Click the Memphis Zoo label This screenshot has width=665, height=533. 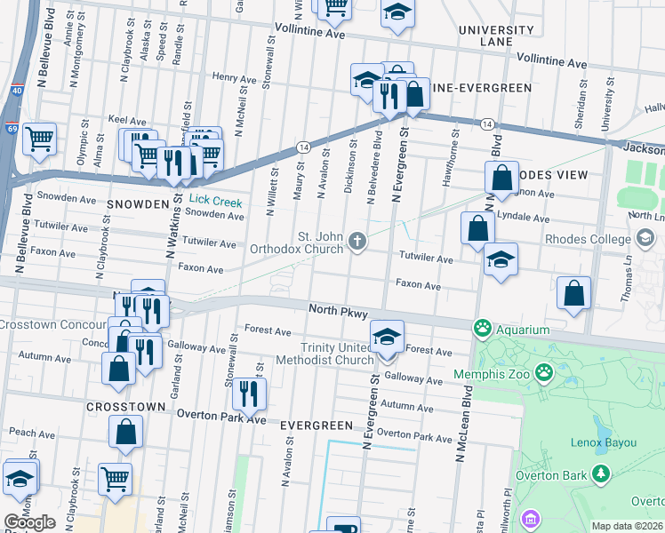coord(492,374)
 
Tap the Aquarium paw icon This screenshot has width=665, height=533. coord(483,329)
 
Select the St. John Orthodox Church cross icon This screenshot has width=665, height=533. coord(357,241)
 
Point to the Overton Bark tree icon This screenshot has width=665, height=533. coord(602,473)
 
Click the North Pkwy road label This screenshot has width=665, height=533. coord(338,310)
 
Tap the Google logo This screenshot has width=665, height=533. coord(29,521)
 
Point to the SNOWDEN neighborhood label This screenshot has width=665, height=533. coord(138,204)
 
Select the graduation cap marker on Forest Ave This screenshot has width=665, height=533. coord(387,338)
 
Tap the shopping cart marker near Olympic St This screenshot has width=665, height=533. coord(39,139)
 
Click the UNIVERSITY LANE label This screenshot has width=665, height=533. coord(496,36)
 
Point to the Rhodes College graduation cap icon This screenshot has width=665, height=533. coord(646,237)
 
